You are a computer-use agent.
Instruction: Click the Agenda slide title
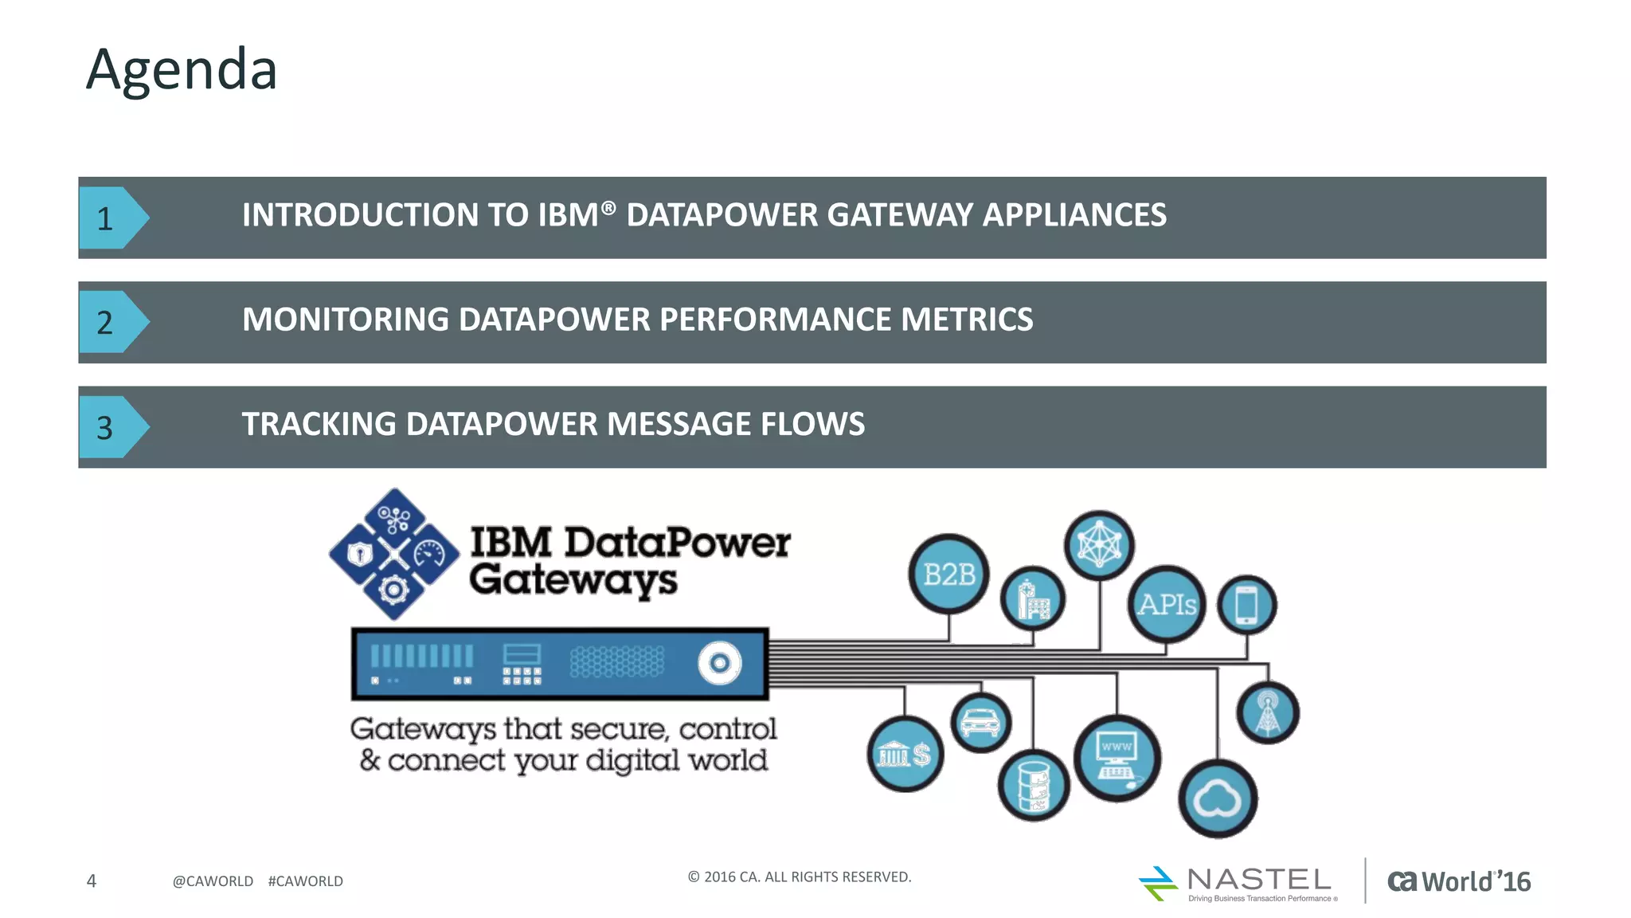(x=182, y=70)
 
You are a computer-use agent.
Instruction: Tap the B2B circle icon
(x=948, y=575)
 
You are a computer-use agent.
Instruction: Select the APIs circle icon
(x=1167, y=605)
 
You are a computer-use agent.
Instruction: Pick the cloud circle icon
(x=1217, y=798)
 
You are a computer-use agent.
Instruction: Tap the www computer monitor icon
(x=1117, y=758)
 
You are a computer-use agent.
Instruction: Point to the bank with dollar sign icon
(x=905, y=754)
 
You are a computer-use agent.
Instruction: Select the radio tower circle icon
(x=1267, y=712)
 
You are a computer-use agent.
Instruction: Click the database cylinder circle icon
(x=1033, y=786)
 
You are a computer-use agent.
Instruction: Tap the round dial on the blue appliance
(x=719, y=663)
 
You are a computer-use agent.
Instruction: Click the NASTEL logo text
(x=1258, y=880)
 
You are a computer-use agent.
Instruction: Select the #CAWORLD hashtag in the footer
(x=305, y=881)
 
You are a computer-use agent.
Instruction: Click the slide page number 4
(x=92, y=881)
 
